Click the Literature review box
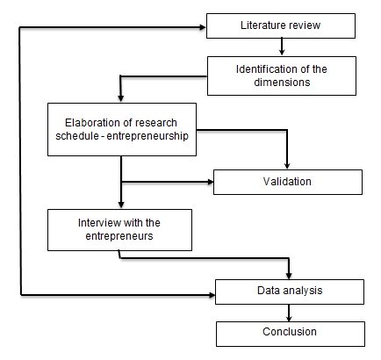[x=280, y=26]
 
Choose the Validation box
[x=288, y=182]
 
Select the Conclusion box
[x=289, y=332]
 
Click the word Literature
[x=262, y=26]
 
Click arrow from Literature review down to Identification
[x=280, y=47]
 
